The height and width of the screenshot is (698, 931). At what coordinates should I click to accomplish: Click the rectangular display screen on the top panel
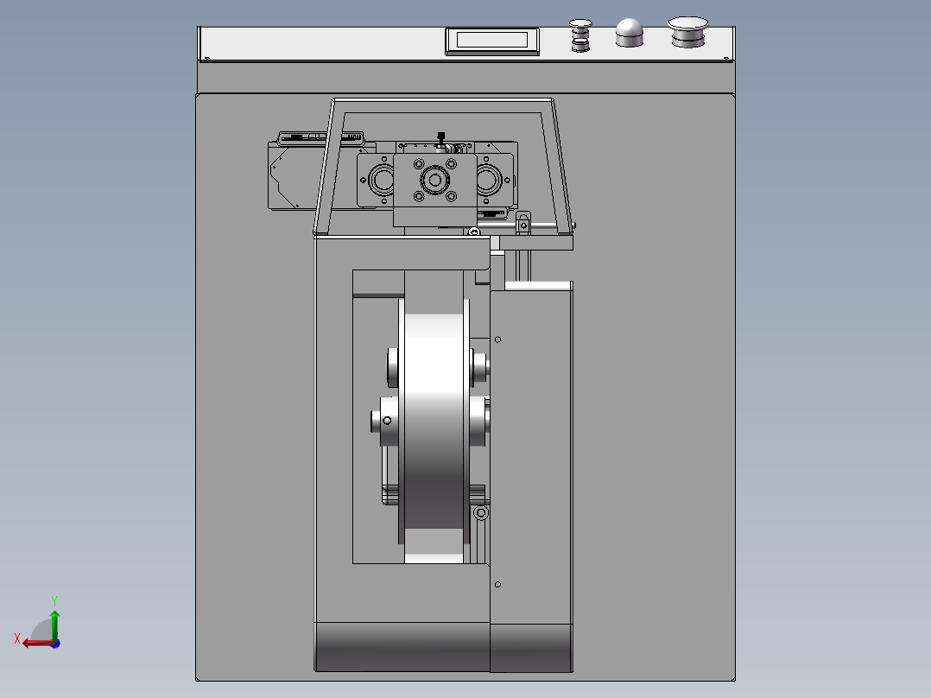pyautogui.click(x=492, y=40)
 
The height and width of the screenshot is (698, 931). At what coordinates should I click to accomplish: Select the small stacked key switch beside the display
pyautogui.click(x=579, y=35)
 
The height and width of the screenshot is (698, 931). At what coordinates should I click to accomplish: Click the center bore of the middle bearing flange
pyautogui.click(x=433, y=181)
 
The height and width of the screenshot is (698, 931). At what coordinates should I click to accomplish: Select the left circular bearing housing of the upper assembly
pyautogui.click(x=381, y=181)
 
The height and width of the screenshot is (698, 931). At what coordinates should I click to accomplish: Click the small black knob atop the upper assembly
pyautogui.click(x=441, y=135)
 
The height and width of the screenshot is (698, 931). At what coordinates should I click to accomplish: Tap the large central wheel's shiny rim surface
pyautogui.click(x=434, y=415)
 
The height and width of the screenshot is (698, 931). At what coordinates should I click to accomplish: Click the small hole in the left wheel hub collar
pyautogui.click(x=387, y=422)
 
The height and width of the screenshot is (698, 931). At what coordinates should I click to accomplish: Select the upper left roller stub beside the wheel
pyautogui.click(x=392, y=366)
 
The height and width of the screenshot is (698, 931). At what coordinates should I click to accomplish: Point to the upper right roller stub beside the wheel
pyautogui.click(x=480, y=364)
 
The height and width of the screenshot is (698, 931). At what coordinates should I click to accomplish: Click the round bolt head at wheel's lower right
pyautogui.click(x=482, y=513)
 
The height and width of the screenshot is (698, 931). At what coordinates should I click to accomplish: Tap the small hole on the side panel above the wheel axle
pyautogui.click(x=498, y=339)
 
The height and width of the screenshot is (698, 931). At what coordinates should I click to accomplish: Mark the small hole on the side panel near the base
pyautogui.click(x=498, y=585)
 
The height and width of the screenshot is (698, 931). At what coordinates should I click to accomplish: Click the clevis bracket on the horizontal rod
pyautogui.click(x=523, y=226)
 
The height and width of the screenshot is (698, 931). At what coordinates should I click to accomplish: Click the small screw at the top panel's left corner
pyautogui.click(x=206, y=59)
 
